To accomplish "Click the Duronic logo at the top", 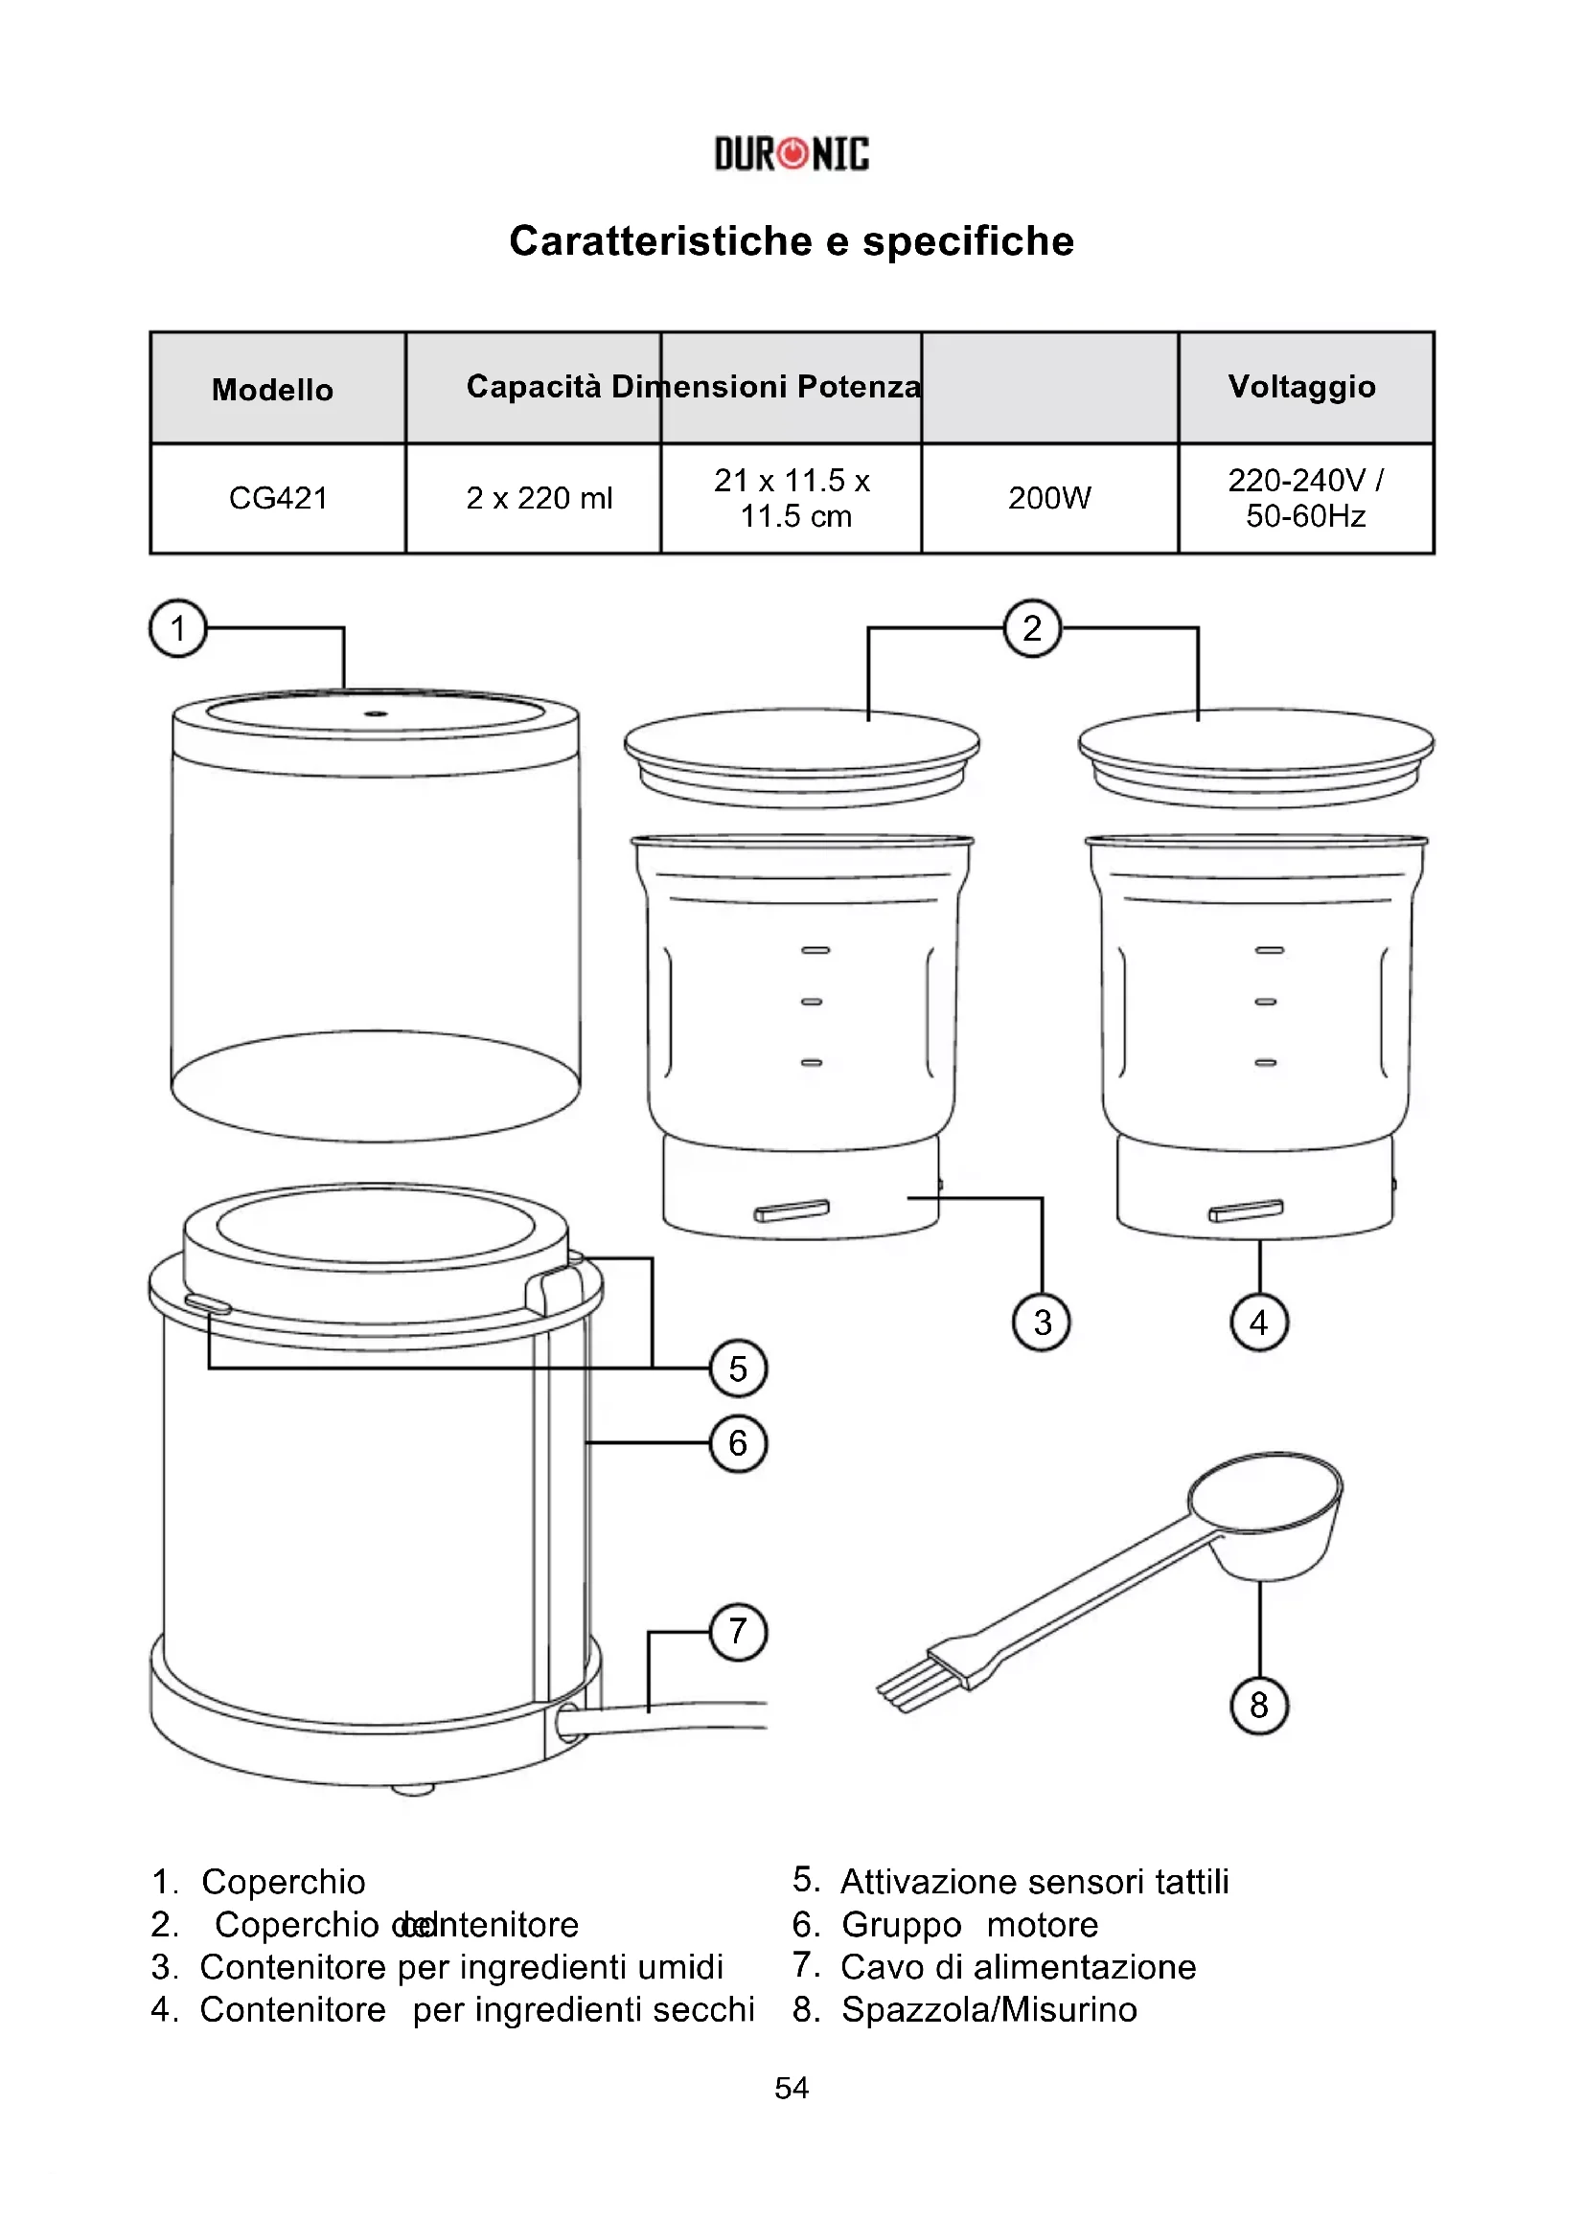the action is coord(792,154).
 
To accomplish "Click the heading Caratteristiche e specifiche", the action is coord(792,241).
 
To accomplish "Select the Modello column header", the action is coord(273,389).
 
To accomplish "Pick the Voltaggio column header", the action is coord(1302,386).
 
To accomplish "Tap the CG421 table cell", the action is coord(278,499).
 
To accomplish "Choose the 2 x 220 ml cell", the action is coord(539,499).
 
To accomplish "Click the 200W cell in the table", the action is coord(1049,499).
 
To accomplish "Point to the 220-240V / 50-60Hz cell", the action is coord(1305,499).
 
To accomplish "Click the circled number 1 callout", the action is coord(177,628).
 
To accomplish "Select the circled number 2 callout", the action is coord(1033,628).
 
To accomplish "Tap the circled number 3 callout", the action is coord(1043,1323).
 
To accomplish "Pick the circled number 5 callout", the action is coord(738,1369).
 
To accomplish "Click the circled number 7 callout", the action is coord(738,1631).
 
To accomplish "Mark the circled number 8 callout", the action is coord(1259,1706).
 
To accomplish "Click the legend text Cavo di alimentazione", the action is coord(1018,1967).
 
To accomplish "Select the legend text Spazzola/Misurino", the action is coord(989,2010).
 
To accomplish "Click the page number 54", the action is coord(792,2088).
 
